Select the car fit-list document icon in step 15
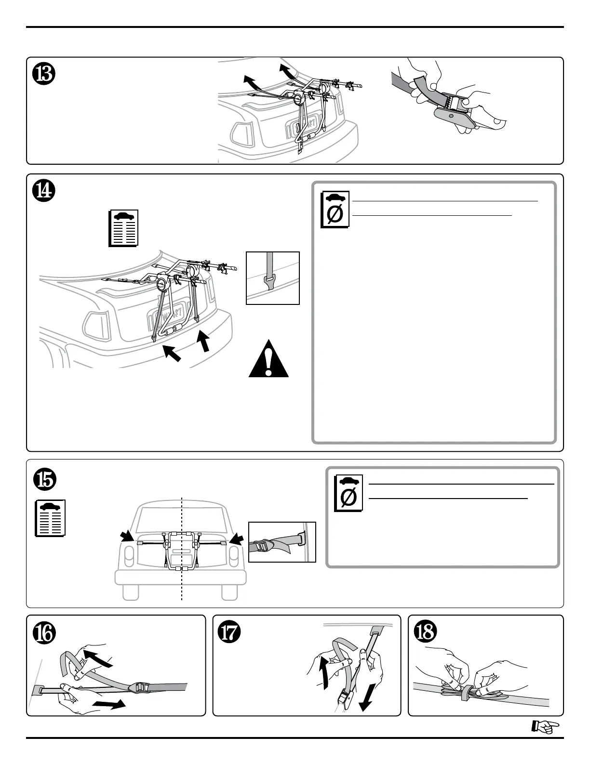pos(51,518)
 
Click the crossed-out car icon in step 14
pos(334,210)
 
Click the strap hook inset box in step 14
pos(272,278)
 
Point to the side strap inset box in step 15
pos(282,542)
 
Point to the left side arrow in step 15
pos(128,536)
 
